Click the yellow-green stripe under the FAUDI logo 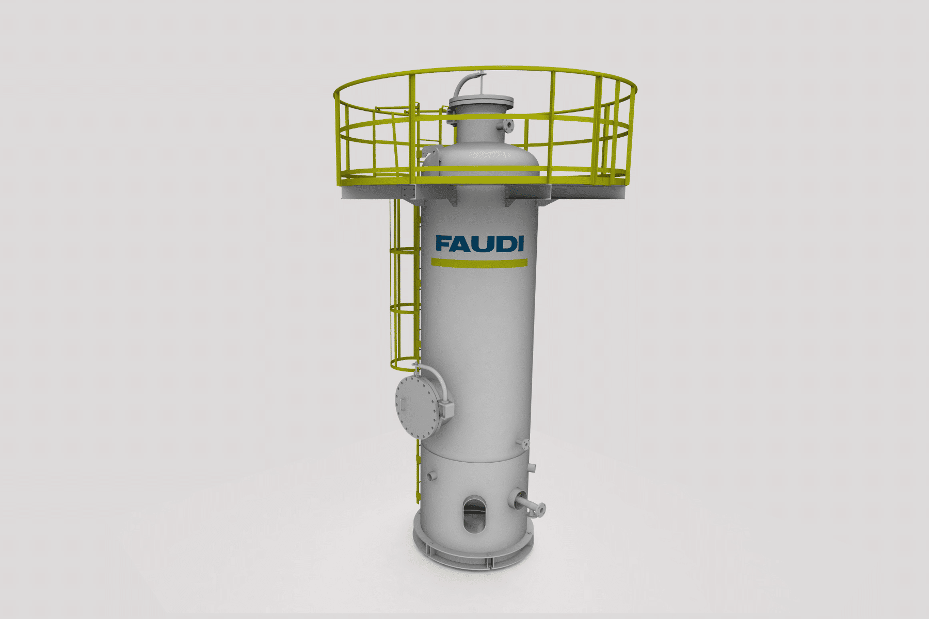[479, 263]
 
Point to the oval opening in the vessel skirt [474, 514]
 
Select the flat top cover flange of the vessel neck [480, 101]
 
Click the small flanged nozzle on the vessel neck [509, 125]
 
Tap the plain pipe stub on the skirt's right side [531, 467]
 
